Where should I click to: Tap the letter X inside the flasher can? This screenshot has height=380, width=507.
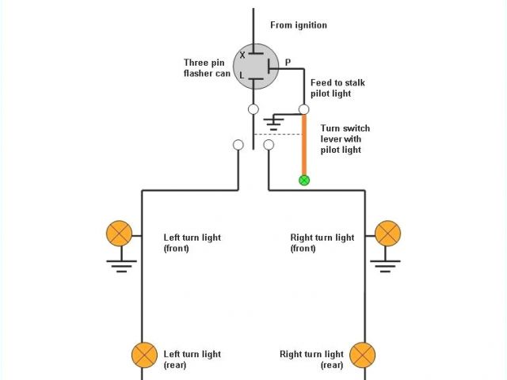tap(242, 55)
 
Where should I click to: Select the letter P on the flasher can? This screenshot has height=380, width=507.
tap(287, 62)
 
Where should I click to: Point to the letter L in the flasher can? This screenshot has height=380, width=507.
tap(243, 77)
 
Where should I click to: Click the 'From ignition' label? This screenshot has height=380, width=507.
tap(298, 25)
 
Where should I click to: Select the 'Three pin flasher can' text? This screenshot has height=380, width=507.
tap(207, 67)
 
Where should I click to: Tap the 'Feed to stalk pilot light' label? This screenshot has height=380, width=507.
tap(337, 88)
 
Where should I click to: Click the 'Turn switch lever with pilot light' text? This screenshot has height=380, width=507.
tap(345, 139)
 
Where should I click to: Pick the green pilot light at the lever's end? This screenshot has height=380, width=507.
tap(303, 180)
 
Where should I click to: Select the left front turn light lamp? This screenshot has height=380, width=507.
tap(119, 234)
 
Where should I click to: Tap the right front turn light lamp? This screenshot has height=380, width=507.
tap(387, 234)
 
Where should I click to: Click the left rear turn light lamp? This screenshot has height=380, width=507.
tap(143, 354)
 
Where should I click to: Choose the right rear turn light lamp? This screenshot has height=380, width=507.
tap(362, 354)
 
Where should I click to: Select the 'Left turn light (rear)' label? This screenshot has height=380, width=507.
tap(192, 359)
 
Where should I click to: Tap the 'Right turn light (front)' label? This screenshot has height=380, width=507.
tap(322, 243)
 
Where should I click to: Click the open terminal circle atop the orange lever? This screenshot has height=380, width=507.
tap(303, 109)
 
